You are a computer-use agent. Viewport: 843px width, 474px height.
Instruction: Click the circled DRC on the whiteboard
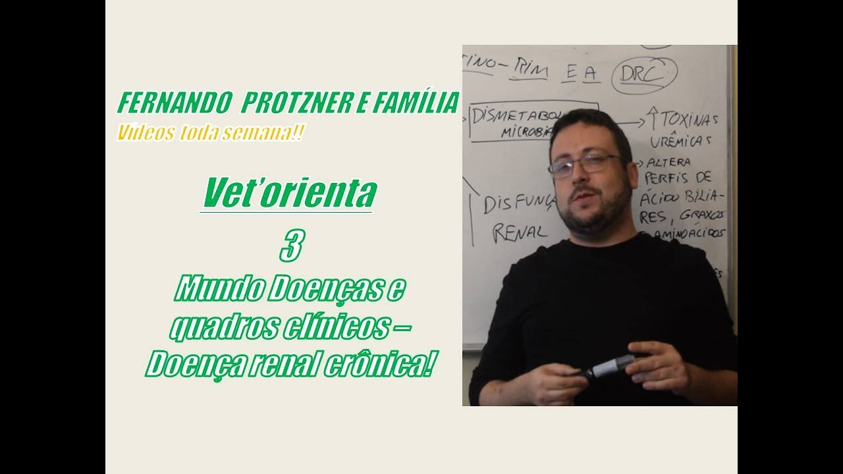[x=643, y=76]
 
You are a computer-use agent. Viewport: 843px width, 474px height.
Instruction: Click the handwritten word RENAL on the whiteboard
[x=520, y=232]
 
